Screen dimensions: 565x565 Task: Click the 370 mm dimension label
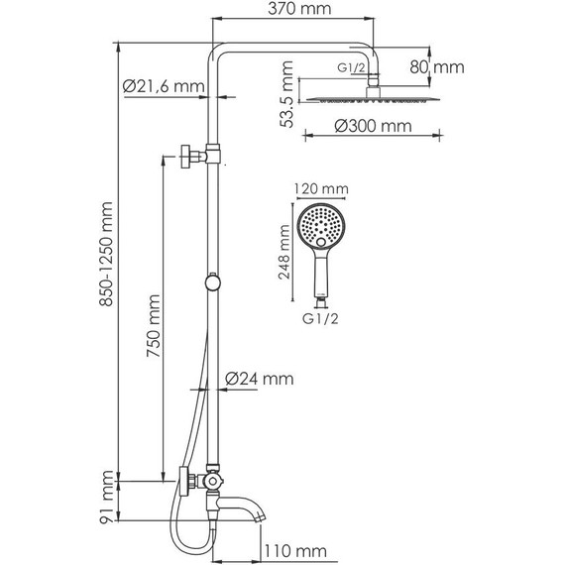(x=299, y=9)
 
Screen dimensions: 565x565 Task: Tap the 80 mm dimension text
(x=437, y=67)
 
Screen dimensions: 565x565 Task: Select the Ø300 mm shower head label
(x=373, y=126)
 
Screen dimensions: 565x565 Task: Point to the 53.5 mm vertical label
(x=286, y=94)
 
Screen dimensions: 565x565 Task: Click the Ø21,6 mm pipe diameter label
(x=164, y=86)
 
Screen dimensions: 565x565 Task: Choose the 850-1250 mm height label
(x=107, y=254)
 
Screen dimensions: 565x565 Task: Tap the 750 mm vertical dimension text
(x=154, y=326)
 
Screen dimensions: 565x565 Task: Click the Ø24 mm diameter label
(x=259, y=379)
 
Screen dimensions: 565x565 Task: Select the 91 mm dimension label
(x=107, y=497)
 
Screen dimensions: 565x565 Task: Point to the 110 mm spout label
(x=295, y=551)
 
